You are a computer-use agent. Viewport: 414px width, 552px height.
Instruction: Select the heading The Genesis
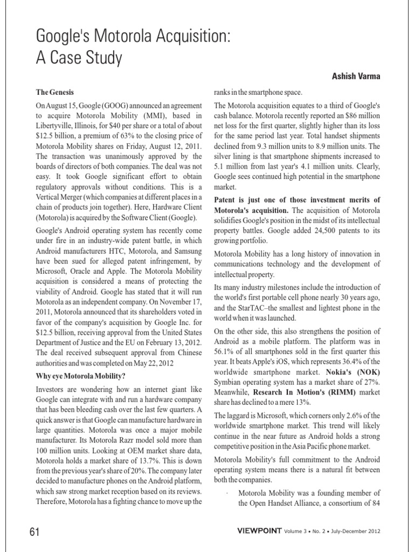pos(54,93)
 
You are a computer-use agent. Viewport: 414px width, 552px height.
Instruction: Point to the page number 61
pos(35,532)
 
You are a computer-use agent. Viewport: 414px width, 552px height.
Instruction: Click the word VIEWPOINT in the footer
pos(259,532)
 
